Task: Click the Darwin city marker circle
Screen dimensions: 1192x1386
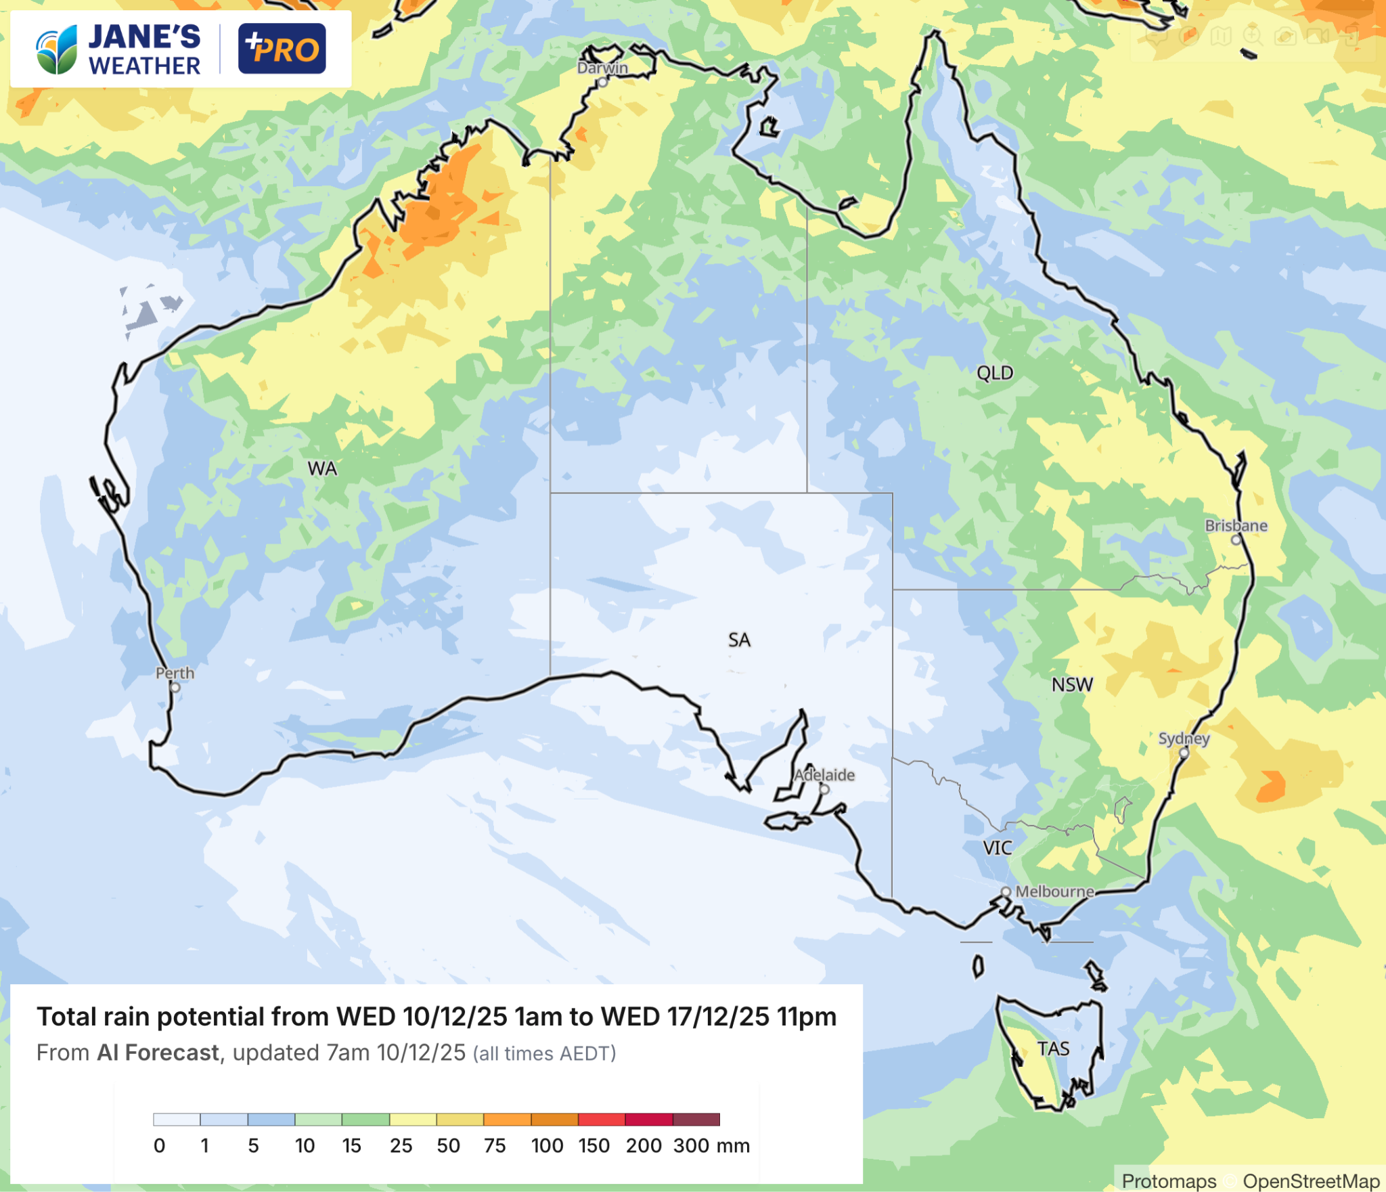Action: (602, 83)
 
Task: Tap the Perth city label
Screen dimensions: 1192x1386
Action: (175, 673)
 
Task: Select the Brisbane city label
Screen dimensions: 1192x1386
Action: (1236, 525)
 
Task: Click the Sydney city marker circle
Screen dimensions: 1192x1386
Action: (1184, 753)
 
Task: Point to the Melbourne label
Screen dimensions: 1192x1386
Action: (1054, 891)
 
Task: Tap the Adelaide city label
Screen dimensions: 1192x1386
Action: (824, 774)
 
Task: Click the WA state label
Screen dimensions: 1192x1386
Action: (322, 468)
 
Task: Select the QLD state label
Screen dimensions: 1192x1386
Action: (995, 373)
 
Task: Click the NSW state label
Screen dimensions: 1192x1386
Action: (1072, 685)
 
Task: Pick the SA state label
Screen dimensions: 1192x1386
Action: (739, 640)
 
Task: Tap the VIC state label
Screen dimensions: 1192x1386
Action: (998, 848)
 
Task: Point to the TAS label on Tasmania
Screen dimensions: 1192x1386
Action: (1053, 1048)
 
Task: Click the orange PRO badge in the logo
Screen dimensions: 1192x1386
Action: (282, 49)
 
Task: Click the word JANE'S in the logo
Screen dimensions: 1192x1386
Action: (144, 37)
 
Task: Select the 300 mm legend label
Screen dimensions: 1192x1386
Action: (711, 1146)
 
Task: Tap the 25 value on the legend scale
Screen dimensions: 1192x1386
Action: (401, 1146)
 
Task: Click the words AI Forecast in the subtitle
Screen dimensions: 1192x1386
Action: (158, 1053)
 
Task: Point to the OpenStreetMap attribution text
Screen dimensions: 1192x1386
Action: (1311, 1181)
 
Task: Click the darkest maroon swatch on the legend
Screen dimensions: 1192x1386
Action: (696, 1120)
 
